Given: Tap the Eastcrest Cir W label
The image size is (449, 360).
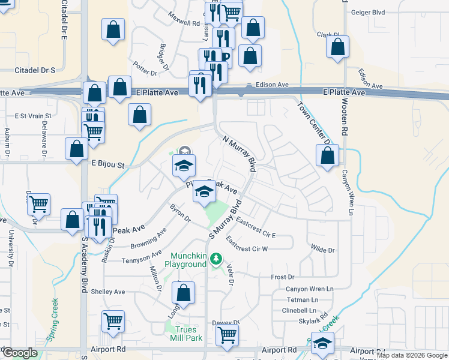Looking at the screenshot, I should pos(247,244).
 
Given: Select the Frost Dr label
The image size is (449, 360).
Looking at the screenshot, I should pos(283,277).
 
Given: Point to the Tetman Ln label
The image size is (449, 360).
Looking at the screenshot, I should pos(302,299).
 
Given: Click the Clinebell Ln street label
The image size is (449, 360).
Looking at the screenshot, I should pos(299,310).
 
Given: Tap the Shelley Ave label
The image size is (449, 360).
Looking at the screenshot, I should pos(107,292).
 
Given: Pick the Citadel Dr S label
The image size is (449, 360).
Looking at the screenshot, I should pos(34,70).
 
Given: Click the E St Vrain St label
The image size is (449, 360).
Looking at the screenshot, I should pos(33,115).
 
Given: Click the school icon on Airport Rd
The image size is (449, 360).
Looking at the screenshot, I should pos(322,343).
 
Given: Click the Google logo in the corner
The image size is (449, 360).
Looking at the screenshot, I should pos(20,353).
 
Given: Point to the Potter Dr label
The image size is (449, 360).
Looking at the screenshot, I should pos(145,69).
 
